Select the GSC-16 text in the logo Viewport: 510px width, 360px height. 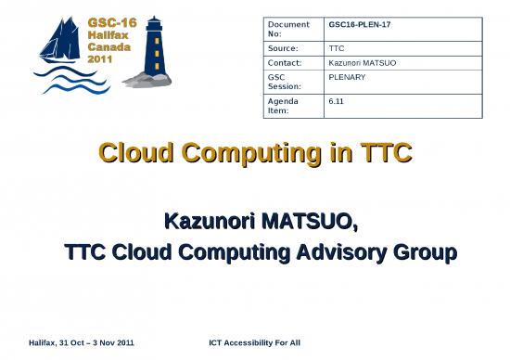(110, 21)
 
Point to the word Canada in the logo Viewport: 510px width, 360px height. (108, 45)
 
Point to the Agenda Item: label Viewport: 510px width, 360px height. (285, 106)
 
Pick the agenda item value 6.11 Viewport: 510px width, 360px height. (337, 101)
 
